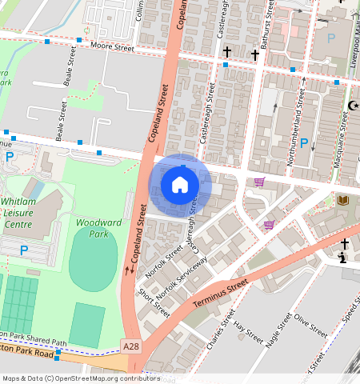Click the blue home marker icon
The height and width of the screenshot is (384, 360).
click(180, 185)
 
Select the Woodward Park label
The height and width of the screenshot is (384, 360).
click(92, 228)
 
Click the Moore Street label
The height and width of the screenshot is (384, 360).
click(112, 47)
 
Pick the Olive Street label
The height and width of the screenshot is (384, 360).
click(310, 324)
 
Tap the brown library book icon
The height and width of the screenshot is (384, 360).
click(344, 199)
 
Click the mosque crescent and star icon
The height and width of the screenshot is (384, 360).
click(353, 105)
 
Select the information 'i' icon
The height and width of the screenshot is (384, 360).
click(342, 258)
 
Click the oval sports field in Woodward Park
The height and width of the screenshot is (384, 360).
click(93, 258)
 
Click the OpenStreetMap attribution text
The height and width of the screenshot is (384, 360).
click(80, 378)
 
